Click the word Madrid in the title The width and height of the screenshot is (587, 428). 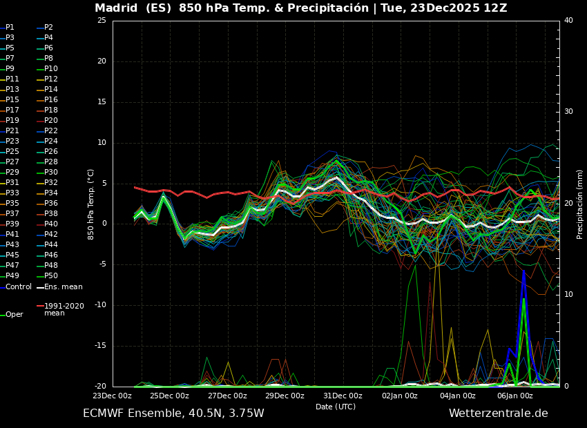(116, 8)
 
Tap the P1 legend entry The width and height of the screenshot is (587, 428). (10, 28)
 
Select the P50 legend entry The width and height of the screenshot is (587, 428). (52, 276)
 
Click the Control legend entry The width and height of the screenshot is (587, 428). (18, 286)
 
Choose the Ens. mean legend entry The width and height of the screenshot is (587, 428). (63, 286)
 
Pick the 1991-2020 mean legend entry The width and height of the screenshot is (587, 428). (64, 309)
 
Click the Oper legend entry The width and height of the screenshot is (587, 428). (14, 315)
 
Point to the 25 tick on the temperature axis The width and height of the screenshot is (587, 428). (102, 21)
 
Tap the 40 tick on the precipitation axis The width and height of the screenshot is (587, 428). (568, 21)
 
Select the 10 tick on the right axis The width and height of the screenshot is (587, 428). (568, 295)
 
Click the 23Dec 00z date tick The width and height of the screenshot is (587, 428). (113, 396)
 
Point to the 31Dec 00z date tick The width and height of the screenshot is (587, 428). (343, 396)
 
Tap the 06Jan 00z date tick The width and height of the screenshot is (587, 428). (515, 396)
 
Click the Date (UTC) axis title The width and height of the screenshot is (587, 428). (336, 407)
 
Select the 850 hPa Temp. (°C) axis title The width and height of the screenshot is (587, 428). (91, 204)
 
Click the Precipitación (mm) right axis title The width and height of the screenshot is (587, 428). (580, 204)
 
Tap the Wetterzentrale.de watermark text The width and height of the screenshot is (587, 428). (498, 414)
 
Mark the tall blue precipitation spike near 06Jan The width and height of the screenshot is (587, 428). (523, 276)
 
